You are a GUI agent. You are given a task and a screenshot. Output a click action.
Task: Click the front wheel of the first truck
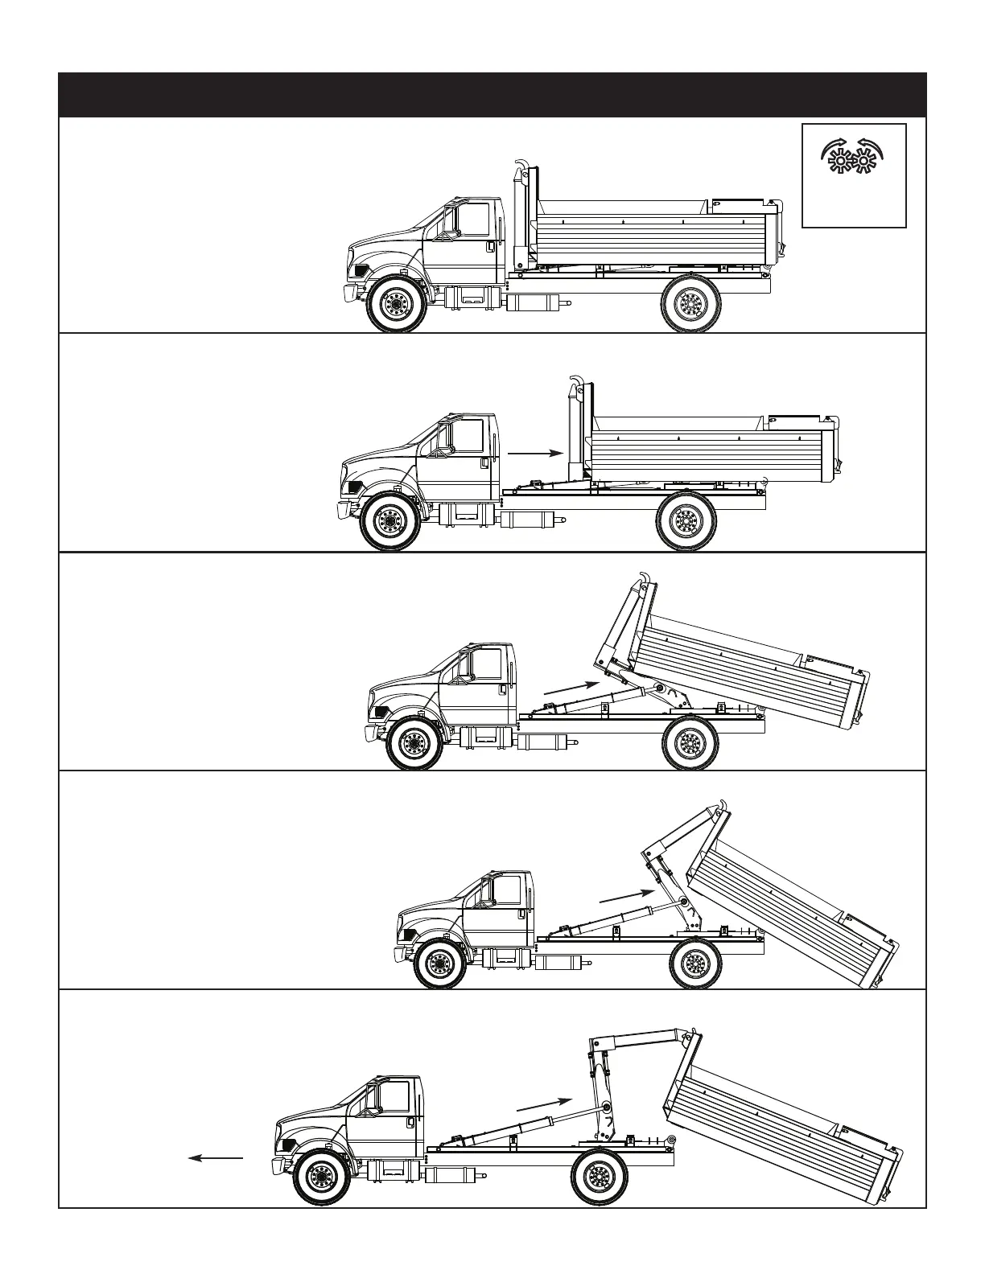point(394,304)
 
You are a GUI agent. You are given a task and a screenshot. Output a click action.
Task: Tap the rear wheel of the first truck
point(690,303)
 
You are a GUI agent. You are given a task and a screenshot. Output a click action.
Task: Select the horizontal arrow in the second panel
point(534,454)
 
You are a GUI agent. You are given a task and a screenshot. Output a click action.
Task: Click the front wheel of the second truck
point(389,522)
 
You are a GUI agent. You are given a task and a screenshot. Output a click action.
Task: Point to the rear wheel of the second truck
point(686,522)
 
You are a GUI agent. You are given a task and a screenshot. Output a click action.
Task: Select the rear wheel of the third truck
point(690,742)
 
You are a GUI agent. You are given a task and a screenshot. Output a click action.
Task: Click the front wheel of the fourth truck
point(441,962)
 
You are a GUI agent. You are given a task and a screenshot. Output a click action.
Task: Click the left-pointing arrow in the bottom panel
point(215,1157)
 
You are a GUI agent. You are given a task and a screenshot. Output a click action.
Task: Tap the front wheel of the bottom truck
point(323,1178)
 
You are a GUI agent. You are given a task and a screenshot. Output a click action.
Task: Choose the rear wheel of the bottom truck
point(599,1177)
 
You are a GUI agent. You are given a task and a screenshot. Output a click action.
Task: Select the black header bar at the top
point(492,95)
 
